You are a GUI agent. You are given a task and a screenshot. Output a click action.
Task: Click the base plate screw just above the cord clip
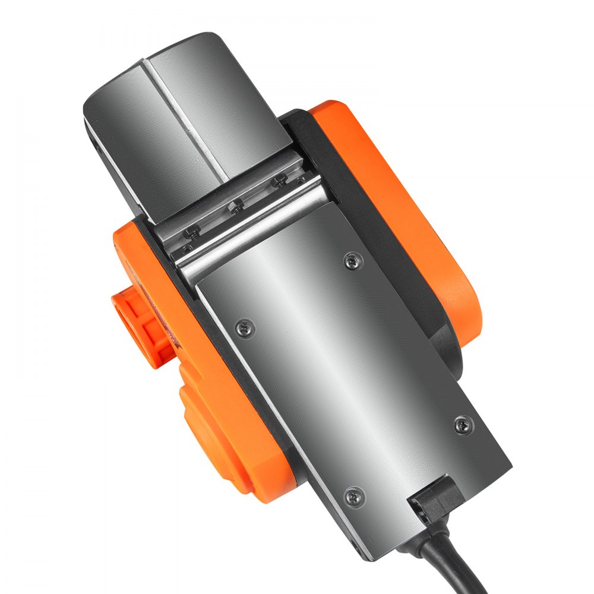click(463, 424)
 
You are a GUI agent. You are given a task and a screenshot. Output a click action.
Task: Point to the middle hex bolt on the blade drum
click(236, 206)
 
